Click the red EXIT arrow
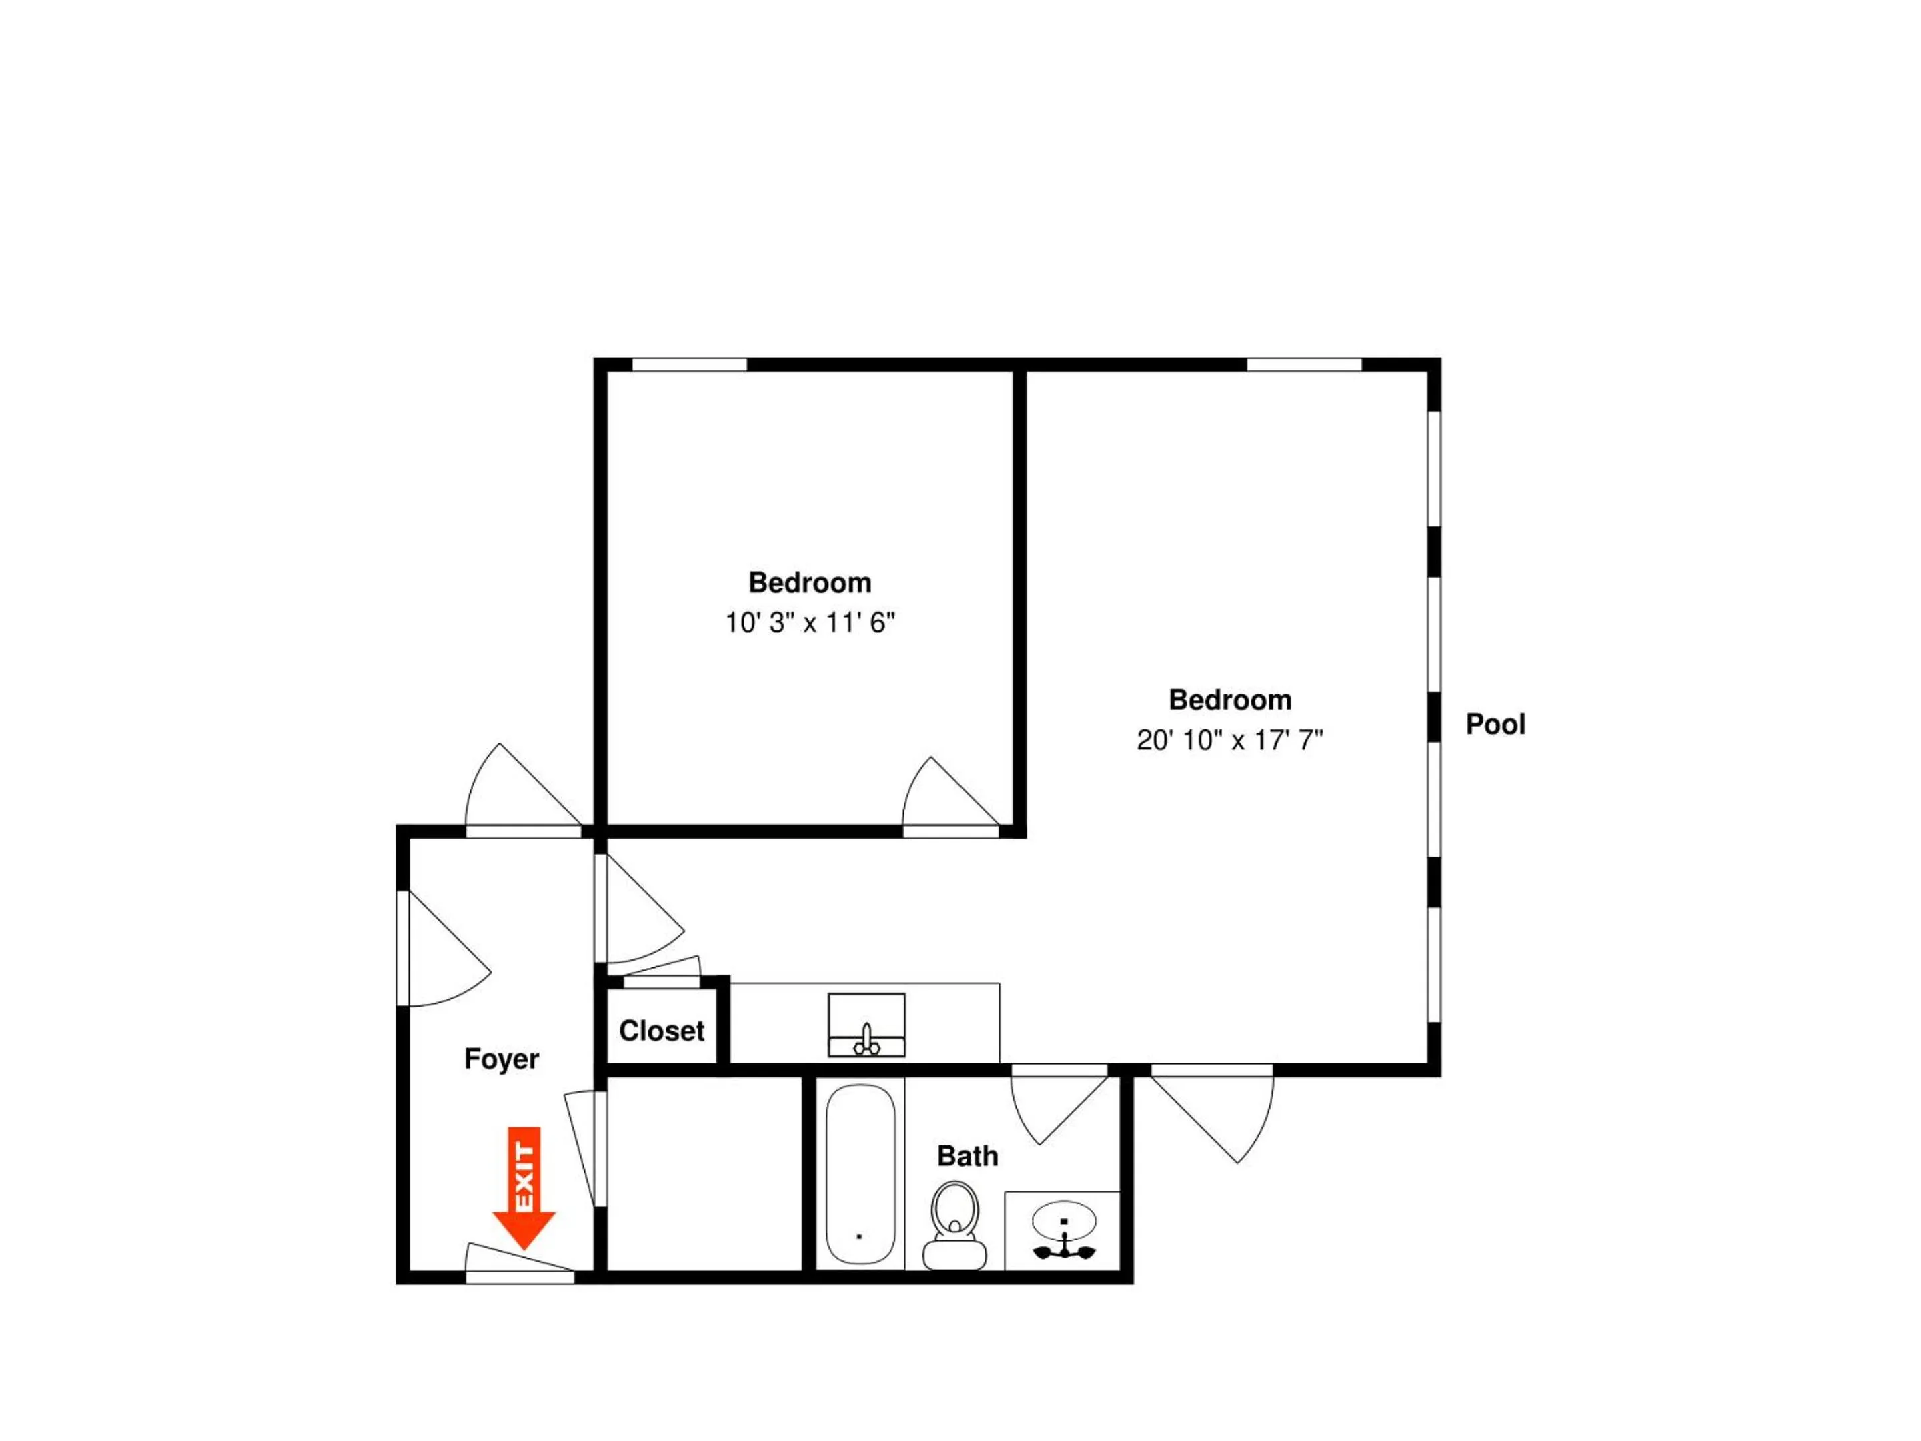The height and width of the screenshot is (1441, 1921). coord(524,1188)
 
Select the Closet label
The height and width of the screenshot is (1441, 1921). coord(661,1031)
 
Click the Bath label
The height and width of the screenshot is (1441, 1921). coord(967,1156)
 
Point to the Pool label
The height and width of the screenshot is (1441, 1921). coord(1495,724)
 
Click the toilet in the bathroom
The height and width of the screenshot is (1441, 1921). coord(954,1226)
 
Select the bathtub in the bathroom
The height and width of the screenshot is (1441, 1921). coord(860,1173)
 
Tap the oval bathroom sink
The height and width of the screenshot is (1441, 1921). coord(1064,1220)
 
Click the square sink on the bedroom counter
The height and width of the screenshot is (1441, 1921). coord(866,1025)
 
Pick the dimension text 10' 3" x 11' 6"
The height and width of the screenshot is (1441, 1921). coord(809,623)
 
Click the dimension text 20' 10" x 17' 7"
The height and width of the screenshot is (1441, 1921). coord(1230,739)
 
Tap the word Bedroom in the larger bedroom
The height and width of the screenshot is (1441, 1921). coord(1230,699)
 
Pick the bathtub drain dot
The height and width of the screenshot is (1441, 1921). coord(859,1236)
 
